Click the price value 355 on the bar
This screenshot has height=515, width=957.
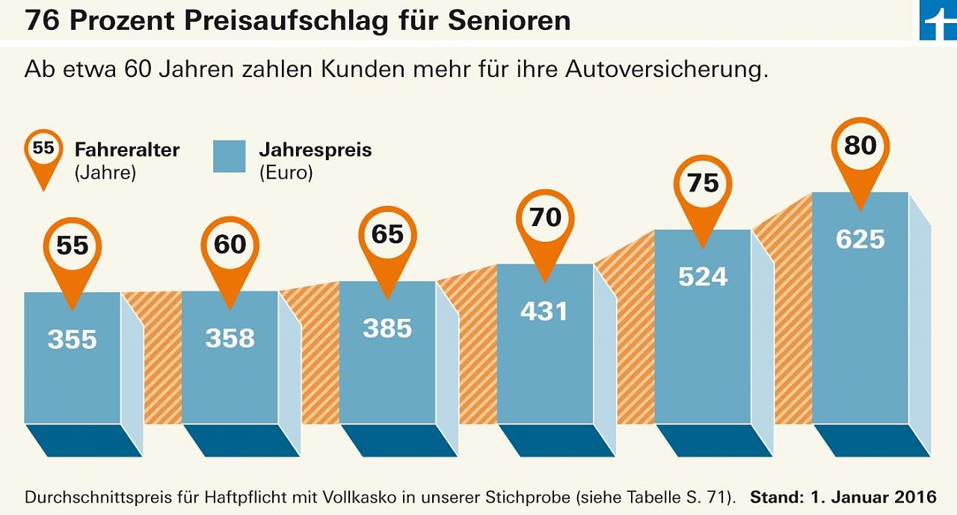click(73, 340)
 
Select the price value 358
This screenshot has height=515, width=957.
click(230, 338)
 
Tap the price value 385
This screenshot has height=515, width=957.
click(387, 328)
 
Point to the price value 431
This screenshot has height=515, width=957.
click(544, 311)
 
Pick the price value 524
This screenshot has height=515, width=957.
click(703, 277)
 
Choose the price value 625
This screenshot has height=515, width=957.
click(860, 240)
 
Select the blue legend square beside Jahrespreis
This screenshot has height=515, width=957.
click(229, 156)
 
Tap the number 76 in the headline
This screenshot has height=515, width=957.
click(41, 20)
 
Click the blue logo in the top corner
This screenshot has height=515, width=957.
click(938, 20)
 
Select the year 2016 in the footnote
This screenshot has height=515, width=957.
click(916, 497)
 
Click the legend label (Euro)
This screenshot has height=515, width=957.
click(286, 173)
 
